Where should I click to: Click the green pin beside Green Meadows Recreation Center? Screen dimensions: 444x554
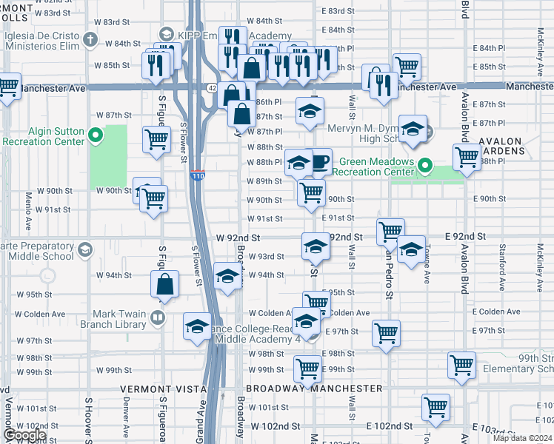coord(424,164)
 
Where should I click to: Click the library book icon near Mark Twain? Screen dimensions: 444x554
coord(157,318)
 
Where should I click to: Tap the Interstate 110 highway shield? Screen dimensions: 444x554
coord(197,176)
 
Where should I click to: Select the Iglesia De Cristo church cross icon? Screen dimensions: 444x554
coord(90,39)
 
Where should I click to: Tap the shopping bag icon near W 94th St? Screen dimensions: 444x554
coord(164,284)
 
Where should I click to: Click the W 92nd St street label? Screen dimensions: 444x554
coord(238,238)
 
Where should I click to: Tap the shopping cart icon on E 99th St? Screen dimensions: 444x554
coord(307,368)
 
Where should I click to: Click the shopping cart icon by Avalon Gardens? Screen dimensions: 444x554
coord(467,157)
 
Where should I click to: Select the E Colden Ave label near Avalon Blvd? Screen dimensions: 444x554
coord(493,312)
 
